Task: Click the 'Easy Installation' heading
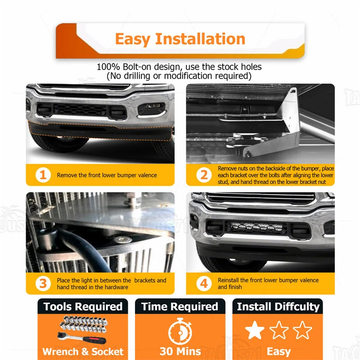point(180,39)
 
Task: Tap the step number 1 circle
point(43,175)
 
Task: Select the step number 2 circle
point(204,175)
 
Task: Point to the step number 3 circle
point(43,283)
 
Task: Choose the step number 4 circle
point(204,283)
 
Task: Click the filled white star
point(255,330)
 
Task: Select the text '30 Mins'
point(180,351)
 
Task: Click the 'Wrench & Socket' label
point(83,351)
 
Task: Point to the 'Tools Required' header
point(83,307)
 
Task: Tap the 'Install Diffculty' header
point(278,307)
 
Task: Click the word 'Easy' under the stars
point(278,351)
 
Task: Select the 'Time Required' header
point(180,307)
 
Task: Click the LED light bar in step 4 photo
point(256,226)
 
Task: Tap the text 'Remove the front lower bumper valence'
point(107,175)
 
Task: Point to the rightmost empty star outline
point(302,330)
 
